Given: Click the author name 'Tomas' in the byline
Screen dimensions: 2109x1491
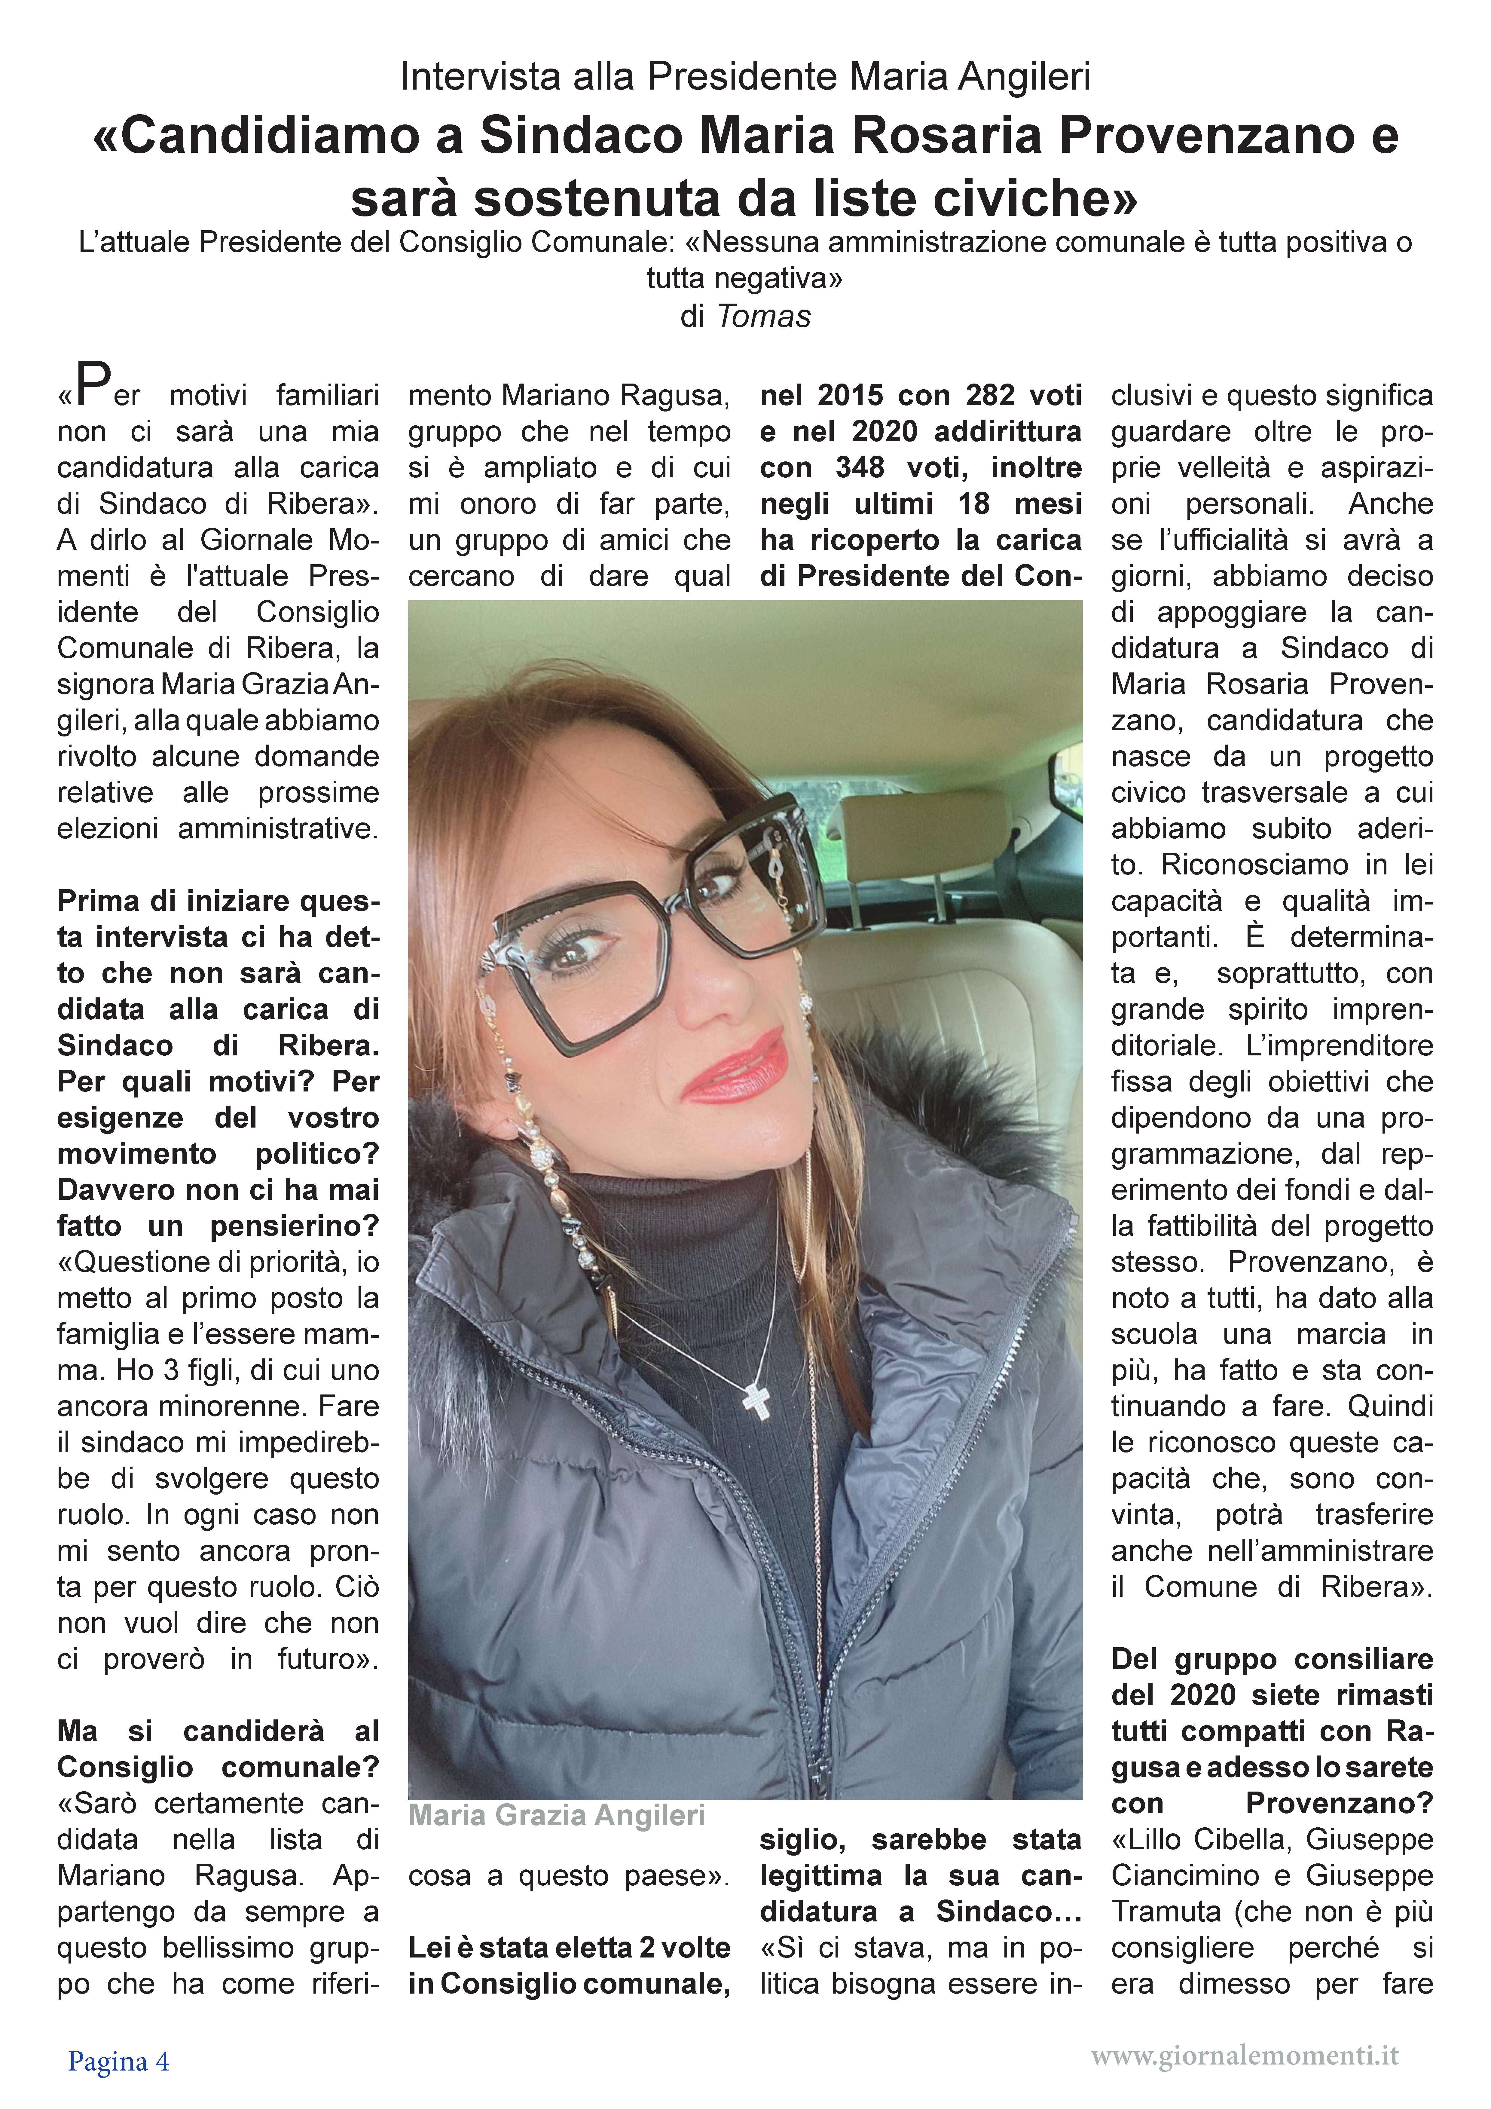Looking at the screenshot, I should click(763, 316).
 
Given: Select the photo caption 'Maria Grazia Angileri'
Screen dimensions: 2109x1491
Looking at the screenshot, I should click(557, 1816).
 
